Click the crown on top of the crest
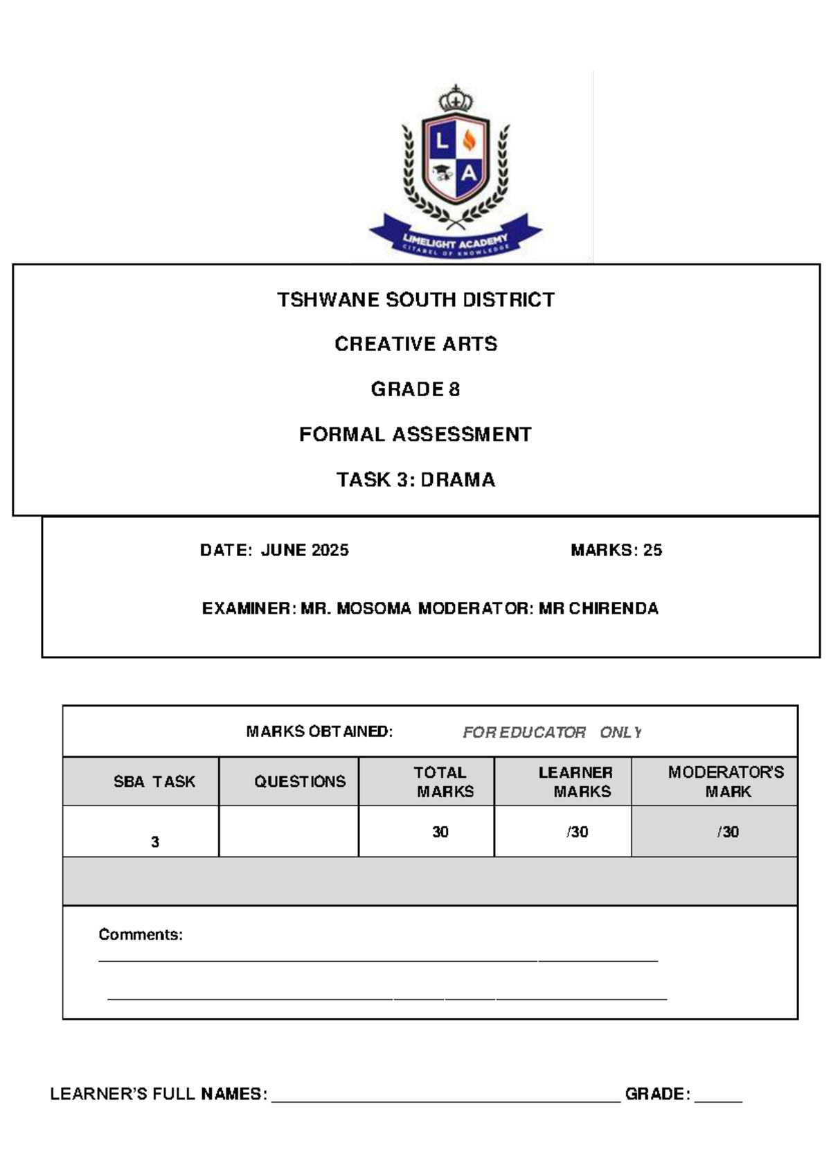[455, 99]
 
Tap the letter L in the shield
[441, 142]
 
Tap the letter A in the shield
[470, 173]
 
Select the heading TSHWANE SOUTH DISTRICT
[415, 300]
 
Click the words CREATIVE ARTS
[415, 344]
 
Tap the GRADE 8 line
[415, 389]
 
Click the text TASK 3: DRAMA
[415, 480]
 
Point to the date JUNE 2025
[305, 551]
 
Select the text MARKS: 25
[616, 551]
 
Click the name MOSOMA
[374, 609]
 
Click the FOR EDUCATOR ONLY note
[551, 733]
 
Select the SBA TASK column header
[154, 782]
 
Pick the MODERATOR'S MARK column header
[726, 782]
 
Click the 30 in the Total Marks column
[440, 832]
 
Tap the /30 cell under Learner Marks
[577, 832]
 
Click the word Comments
[141, 935]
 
